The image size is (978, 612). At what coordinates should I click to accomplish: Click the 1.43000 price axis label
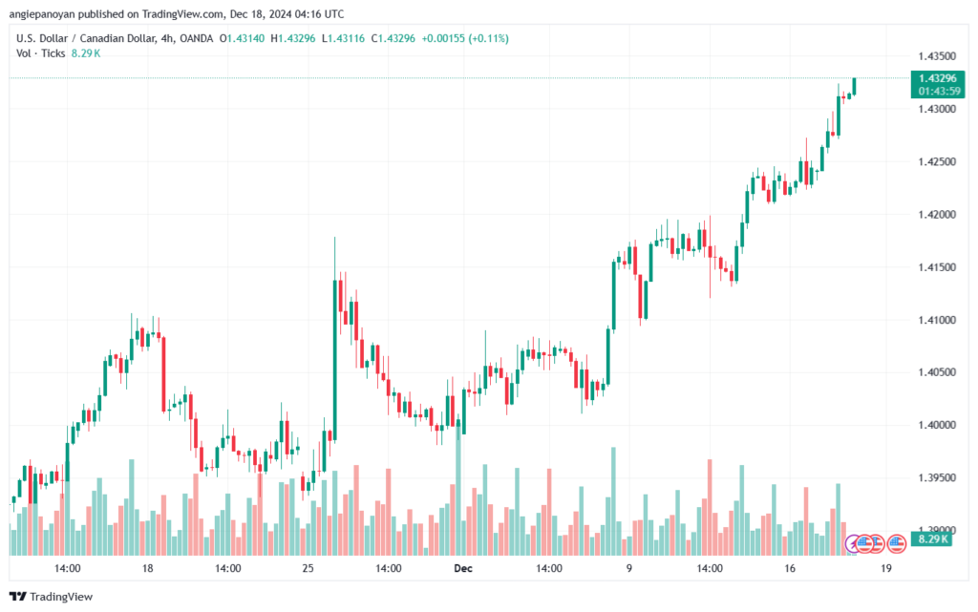coord(935,110)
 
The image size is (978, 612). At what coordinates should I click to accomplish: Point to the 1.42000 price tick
coord(935,215)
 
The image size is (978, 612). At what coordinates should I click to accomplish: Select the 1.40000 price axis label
coord(935,425)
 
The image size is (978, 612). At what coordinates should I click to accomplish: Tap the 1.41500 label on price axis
coord(935,267)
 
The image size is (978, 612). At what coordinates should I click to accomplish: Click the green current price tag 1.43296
coord(935,77)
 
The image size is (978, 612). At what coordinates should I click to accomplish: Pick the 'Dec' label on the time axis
coord(463,567)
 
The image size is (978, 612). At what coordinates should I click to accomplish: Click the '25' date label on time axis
coord(308,567)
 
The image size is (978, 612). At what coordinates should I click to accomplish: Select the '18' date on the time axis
coord(147,567)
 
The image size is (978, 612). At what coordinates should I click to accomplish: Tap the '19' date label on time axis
coord(885,567)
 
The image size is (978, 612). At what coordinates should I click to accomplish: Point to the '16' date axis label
coord(790,567)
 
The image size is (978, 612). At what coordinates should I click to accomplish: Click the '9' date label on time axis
coord(628,567)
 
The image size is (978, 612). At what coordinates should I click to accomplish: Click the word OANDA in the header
coord(196,38)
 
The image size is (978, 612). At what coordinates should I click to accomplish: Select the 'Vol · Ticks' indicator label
coord(41,53)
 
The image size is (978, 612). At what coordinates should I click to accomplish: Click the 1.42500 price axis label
coord(935,162)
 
